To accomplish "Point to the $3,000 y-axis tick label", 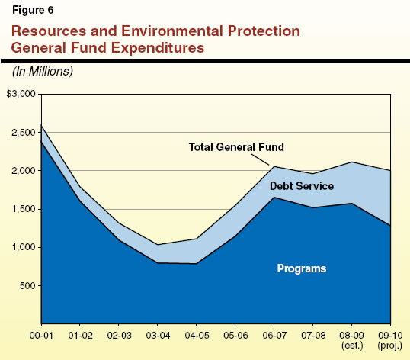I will [20, 94].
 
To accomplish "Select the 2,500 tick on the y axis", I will [22, 133].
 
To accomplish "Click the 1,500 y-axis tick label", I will [22, 209].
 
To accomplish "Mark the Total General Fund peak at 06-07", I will [274, 166].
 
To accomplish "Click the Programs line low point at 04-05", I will [196, 263].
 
